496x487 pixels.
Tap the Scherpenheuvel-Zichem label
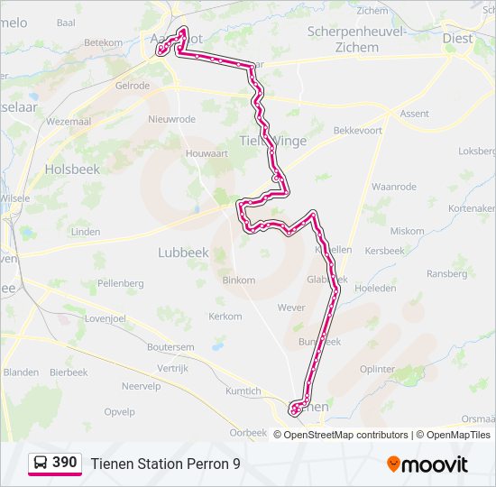(356, 39)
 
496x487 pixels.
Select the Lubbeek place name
(183, 253)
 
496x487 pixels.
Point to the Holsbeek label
(71, 169)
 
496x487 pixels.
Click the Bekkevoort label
(358, 131)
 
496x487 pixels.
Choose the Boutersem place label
(170, 347)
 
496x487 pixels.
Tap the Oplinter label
(377, 369)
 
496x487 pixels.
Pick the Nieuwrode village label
(171, 119)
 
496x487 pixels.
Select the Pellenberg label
(121, 283)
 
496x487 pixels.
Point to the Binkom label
(238, 280)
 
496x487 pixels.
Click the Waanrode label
(394, 187)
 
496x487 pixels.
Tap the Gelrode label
(132, 86)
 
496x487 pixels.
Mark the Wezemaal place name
(69, 121)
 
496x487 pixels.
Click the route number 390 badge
(64, 463)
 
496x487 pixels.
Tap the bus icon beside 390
(41, 463)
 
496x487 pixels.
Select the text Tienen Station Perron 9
(165, 464)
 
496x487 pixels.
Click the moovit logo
(427, 464)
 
